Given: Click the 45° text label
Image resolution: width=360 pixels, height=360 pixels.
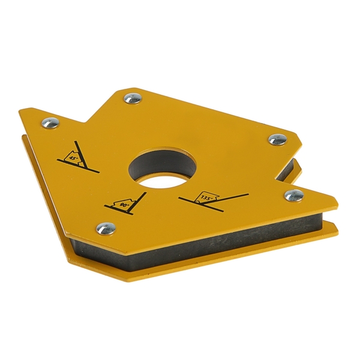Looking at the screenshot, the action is coord(74,158).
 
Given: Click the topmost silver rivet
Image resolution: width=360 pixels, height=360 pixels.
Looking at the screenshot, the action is coord(132,99).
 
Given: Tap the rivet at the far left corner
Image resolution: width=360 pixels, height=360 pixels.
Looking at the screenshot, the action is coord(50,123).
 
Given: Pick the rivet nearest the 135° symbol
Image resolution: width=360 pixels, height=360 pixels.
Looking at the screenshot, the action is coord(294,196).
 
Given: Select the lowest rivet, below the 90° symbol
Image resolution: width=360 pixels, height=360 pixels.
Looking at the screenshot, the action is coord(106,229).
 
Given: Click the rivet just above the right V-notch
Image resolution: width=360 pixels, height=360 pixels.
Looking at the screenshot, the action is coord(278,140).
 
